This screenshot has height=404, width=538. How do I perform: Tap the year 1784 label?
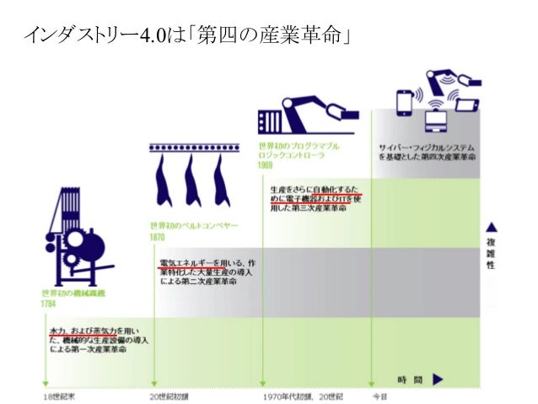coord(49,304)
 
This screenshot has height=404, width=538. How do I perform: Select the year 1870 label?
coord(157,238)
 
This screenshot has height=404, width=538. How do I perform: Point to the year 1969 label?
coord(266,165)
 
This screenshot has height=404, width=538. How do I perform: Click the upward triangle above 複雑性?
coord(491,227)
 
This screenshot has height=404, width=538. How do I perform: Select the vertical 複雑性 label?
coord(491,252)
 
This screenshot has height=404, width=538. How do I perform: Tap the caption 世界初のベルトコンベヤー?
coord(194,226)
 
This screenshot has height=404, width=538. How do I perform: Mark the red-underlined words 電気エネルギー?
coord(184,263)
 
